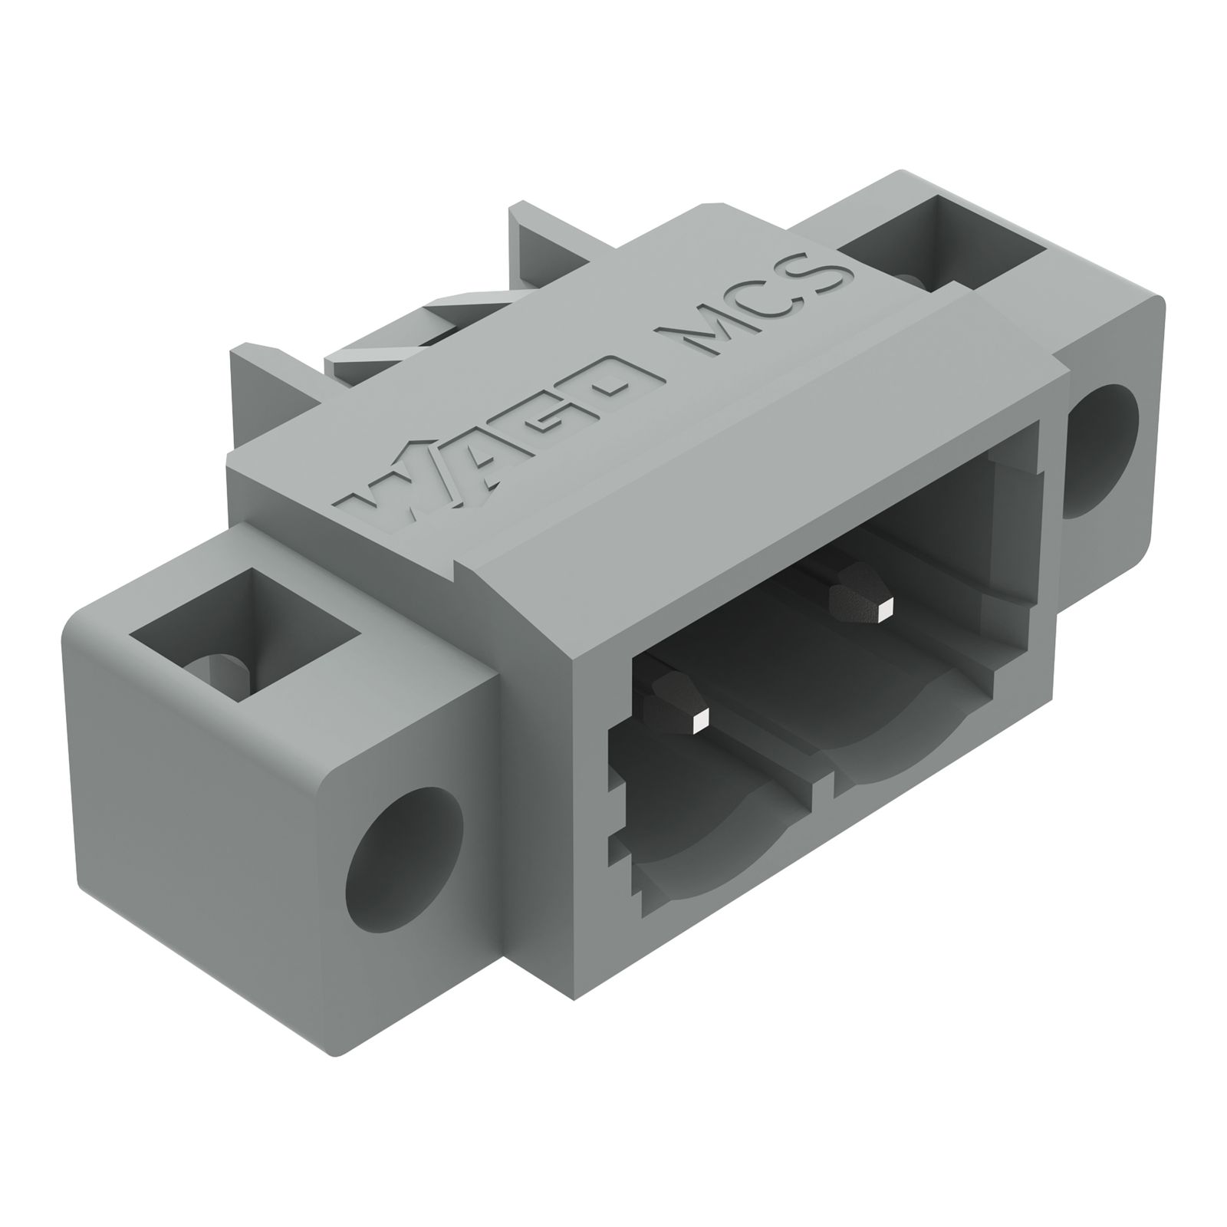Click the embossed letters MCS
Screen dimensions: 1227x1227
pos(755,307)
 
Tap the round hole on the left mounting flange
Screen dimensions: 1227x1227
pos(405,867)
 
